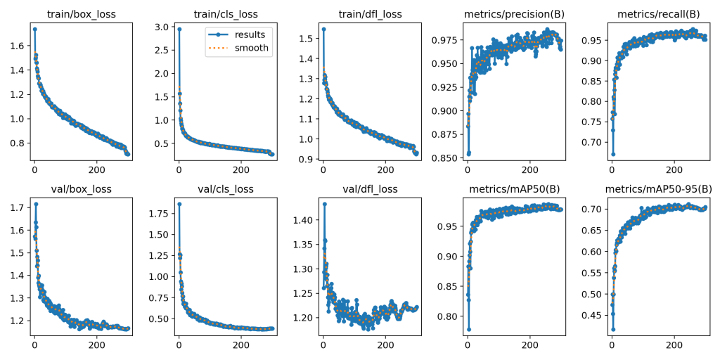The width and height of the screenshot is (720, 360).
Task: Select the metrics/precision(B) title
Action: [x=513, y=13]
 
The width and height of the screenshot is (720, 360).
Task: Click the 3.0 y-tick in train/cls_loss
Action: [x=162, y=27]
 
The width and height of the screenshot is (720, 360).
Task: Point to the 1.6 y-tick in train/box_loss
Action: [x=18, y=46]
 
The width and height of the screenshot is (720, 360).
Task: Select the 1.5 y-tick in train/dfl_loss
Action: [x=306, y=37]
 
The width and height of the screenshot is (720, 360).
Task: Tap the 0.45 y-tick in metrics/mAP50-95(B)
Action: [x=594, y=315]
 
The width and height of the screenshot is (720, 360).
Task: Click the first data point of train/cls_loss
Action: [x=179, y=30]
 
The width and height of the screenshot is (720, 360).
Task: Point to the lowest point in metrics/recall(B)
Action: [x=612, y=154]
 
